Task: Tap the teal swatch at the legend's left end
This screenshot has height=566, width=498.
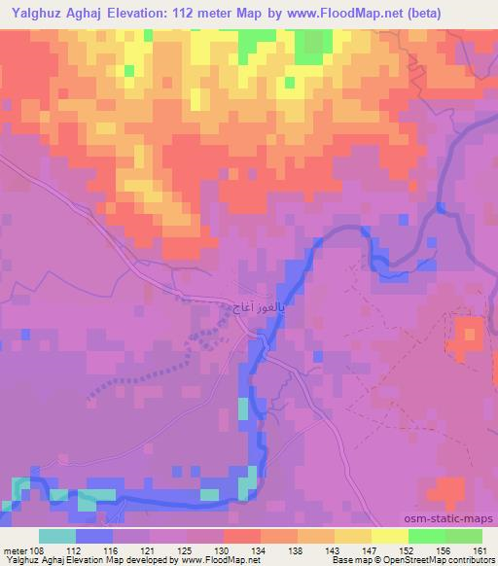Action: click(56, 536)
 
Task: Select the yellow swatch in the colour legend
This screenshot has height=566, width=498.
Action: click(389, 536)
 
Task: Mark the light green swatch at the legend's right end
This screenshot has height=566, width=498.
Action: click(464, 536)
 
